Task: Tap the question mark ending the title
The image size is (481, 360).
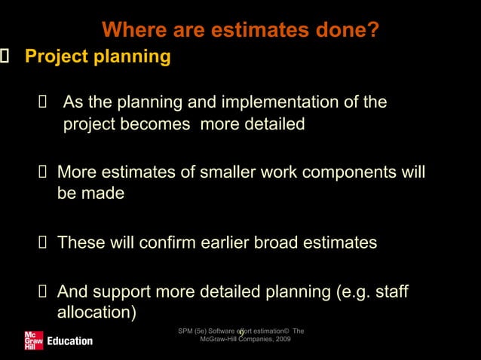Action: coord(373,31)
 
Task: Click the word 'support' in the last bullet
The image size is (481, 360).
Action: coord(122,291)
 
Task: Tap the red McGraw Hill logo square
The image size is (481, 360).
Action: coord(33,340)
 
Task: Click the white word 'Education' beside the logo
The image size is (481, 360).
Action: coord(70,341)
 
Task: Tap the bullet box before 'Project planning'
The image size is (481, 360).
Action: coord(3,56)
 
